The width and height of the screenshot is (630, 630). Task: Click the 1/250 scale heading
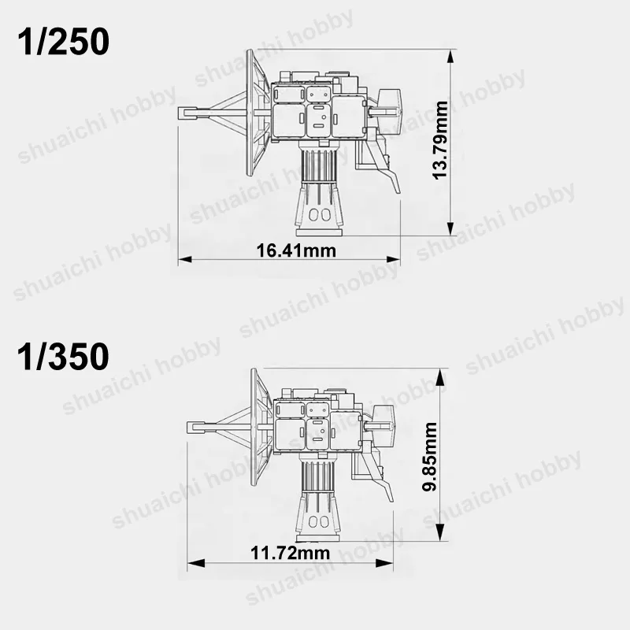(63, 42)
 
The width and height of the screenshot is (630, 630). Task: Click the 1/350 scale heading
(63, 357)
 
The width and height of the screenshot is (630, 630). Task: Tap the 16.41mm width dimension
(296, 250)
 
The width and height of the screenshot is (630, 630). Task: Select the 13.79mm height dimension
(440, 140)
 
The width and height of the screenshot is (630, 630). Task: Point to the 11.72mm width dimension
(290, 553)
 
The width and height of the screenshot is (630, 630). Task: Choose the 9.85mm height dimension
(429, 457)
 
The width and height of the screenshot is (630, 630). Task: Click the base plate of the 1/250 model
(320, 232)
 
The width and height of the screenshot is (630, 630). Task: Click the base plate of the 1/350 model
(320, 538)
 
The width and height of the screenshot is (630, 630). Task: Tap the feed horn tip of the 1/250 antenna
(187, 113)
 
